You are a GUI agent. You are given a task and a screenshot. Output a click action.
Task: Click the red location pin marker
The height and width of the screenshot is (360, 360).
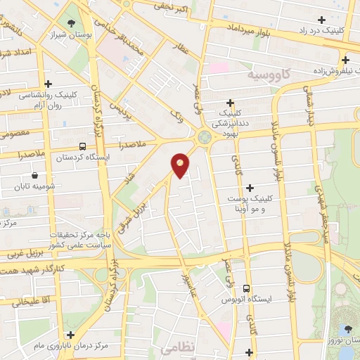(x=181, y=165)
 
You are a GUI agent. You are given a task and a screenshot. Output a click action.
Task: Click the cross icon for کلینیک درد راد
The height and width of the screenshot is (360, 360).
(x=322, y=20)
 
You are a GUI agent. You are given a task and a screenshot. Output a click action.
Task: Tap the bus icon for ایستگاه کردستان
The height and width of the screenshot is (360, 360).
(x=83, y=147)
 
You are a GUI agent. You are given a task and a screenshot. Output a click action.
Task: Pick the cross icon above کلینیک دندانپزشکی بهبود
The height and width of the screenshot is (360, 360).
(x=231, y=103)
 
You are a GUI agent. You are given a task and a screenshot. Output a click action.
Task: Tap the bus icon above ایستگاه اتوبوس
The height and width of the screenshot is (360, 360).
(x=245, y=288)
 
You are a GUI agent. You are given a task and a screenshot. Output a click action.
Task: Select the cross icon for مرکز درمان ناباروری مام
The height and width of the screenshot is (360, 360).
(x=69, y=335)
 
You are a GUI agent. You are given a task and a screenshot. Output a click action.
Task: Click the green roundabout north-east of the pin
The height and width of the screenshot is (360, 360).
(x=205, y=138)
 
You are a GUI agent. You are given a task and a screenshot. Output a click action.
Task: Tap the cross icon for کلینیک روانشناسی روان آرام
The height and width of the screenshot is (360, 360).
(x=48, y=84)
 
